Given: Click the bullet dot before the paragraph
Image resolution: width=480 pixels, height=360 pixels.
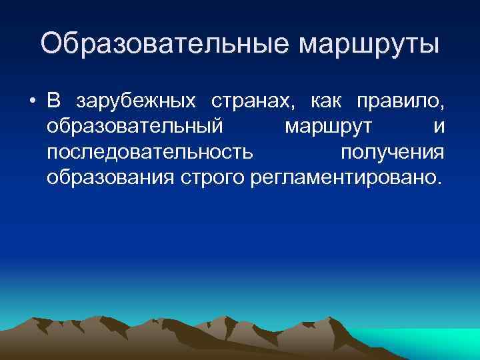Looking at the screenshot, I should pyautogui.click(x=32, y=101).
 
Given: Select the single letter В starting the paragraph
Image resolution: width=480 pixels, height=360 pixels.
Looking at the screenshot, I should pyautogui.click(x=55, y=101).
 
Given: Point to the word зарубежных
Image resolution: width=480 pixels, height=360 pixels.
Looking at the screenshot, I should pyautogui.click(x=136, y=102).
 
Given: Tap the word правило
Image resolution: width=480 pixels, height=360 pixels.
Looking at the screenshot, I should pyautogui.click(x=399, y=102).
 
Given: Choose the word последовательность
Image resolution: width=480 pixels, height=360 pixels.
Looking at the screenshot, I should pyautogui.click(x=150, y=153).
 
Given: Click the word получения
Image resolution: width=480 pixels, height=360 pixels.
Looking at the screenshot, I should pyautogui.click(x=392, y=153).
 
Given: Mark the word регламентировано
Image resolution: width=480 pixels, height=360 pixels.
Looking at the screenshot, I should pyautogui.click(x=343, y=178).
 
